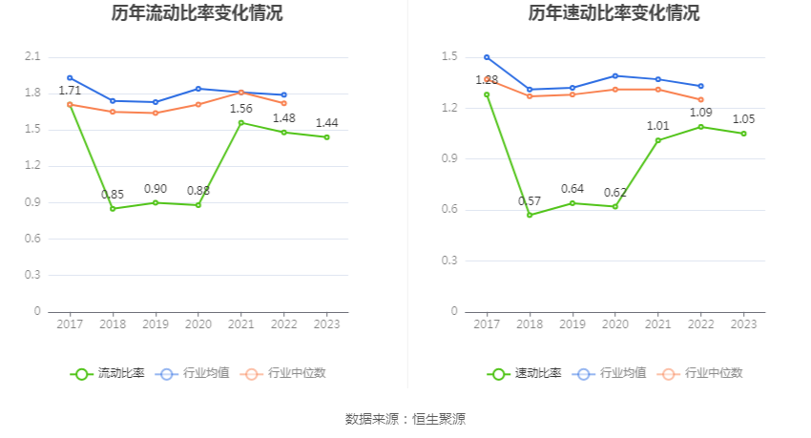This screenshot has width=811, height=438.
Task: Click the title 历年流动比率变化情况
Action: pyautogui.click(x=197, y=13)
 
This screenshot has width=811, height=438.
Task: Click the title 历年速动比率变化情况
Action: pyautogui.click(x=613, y=13)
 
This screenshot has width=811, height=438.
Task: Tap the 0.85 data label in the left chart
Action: pyautogui.click(x=113, y=195)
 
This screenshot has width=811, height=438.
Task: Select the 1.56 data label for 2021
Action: pyautogui.click(x=241, y=109)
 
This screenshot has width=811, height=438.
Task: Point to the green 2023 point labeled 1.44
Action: pyautogui.click(x=326, y=137)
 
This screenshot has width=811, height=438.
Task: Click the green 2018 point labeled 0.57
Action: pyautogui.click(x=530, y=215)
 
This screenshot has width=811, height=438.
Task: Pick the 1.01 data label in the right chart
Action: pyautogui.click(x=658, y=126)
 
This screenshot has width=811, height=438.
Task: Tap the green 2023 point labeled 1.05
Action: pyautogui.click(x=743, y=134)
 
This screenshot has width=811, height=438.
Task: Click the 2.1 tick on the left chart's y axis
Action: pyautogui.click(x=32, y=57)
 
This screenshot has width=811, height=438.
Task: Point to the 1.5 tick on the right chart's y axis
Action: pyautogui.click(x=450, y=57)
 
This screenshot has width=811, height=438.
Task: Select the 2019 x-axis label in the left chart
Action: pyautogui.click(x=156, y=324)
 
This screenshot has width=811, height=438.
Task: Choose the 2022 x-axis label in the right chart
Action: pyautogui.click(x=700, y=324)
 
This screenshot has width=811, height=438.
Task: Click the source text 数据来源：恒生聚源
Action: pyautogui.click(x=405, y=419)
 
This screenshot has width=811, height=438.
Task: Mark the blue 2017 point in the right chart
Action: pyautogui.click(x=487, y=57)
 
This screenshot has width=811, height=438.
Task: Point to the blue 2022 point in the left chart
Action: pyautogui.click(x=283, y=95)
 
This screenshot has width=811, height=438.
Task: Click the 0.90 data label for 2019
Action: pyautogui.click(x=156, y=189)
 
